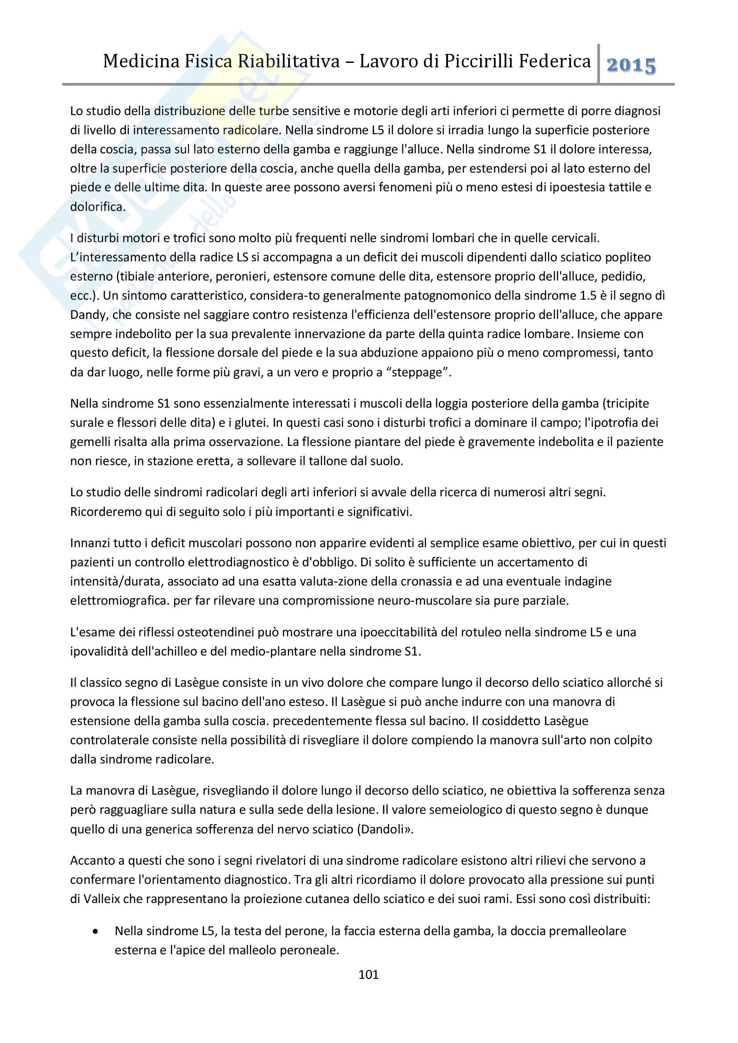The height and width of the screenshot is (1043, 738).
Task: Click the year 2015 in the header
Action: pyautogui.click(x=631, y=66)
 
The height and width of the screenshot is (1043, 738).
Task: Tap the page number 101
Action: pyautogui.click(x=368, y=974)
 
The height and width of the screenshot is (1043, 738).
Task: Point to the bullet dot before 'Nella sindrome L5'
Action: pyautogui.click(x=95, y=931)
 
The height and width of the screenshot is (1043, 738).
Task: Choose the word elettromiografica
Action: pyautogui.click(x=120, y=601)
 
